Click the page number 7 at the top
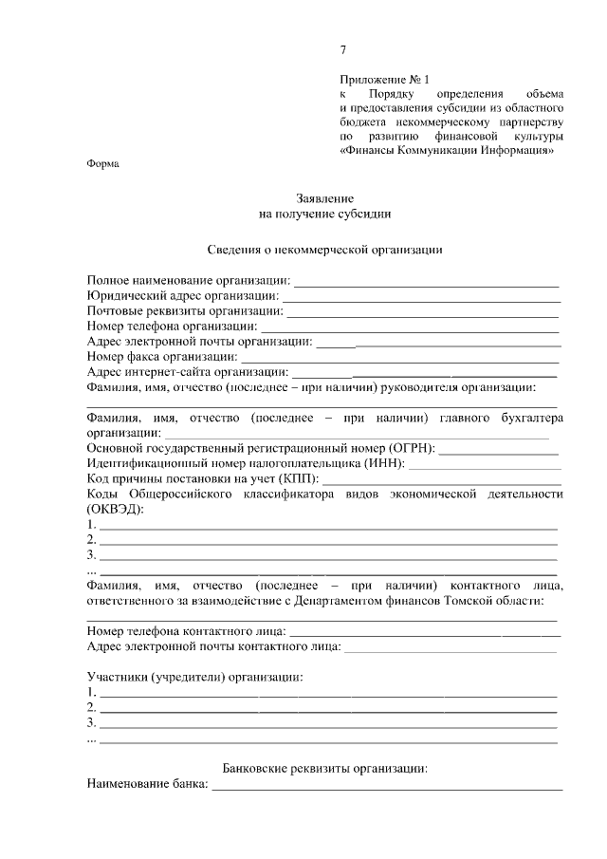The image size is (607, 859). pyautogui.click(x=342, y=49)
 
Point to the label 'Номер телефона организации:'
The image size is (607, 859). pyautogui.click(x=164, y=327)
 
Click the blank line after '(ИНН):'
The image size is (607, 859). pyautogui.click(x=484, y=465)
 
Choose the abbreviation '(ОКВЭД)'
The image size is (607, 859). pyautogui.click(x=116, y=509)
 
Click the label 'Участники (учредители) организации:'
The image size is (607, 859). pyautogui.click(x=195, y=677)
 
